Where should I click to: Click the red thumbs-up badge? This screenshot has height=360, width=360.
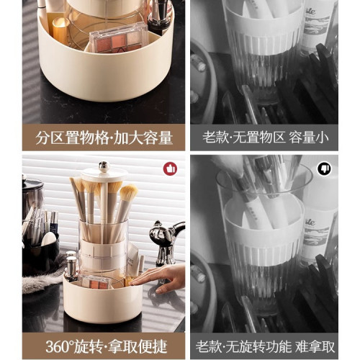(x=170, y=168)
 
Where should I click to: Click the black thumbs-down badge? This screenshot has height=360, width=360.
(x=324, y=169)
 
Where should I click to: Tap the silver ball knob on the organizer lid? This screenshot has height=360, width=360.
(x=104, y=166)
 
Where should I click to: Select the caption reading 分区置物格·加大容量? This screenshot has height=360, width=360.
(x=104, y=138)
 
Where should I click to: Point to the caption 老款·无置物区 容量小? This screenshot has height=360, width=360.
(x=266, y=138)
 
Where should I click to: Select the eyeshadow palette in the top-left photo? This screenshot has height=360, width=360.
(x=119, y=40)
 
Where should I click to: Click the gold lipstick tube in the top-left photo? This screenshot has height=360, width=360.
(x=60, y=30)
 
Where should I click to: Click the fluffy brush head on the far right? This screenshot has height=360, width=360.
(x=129, y=193)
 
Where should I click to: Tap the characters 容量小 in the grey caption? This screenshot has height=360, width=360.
(x=309, y=138)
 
